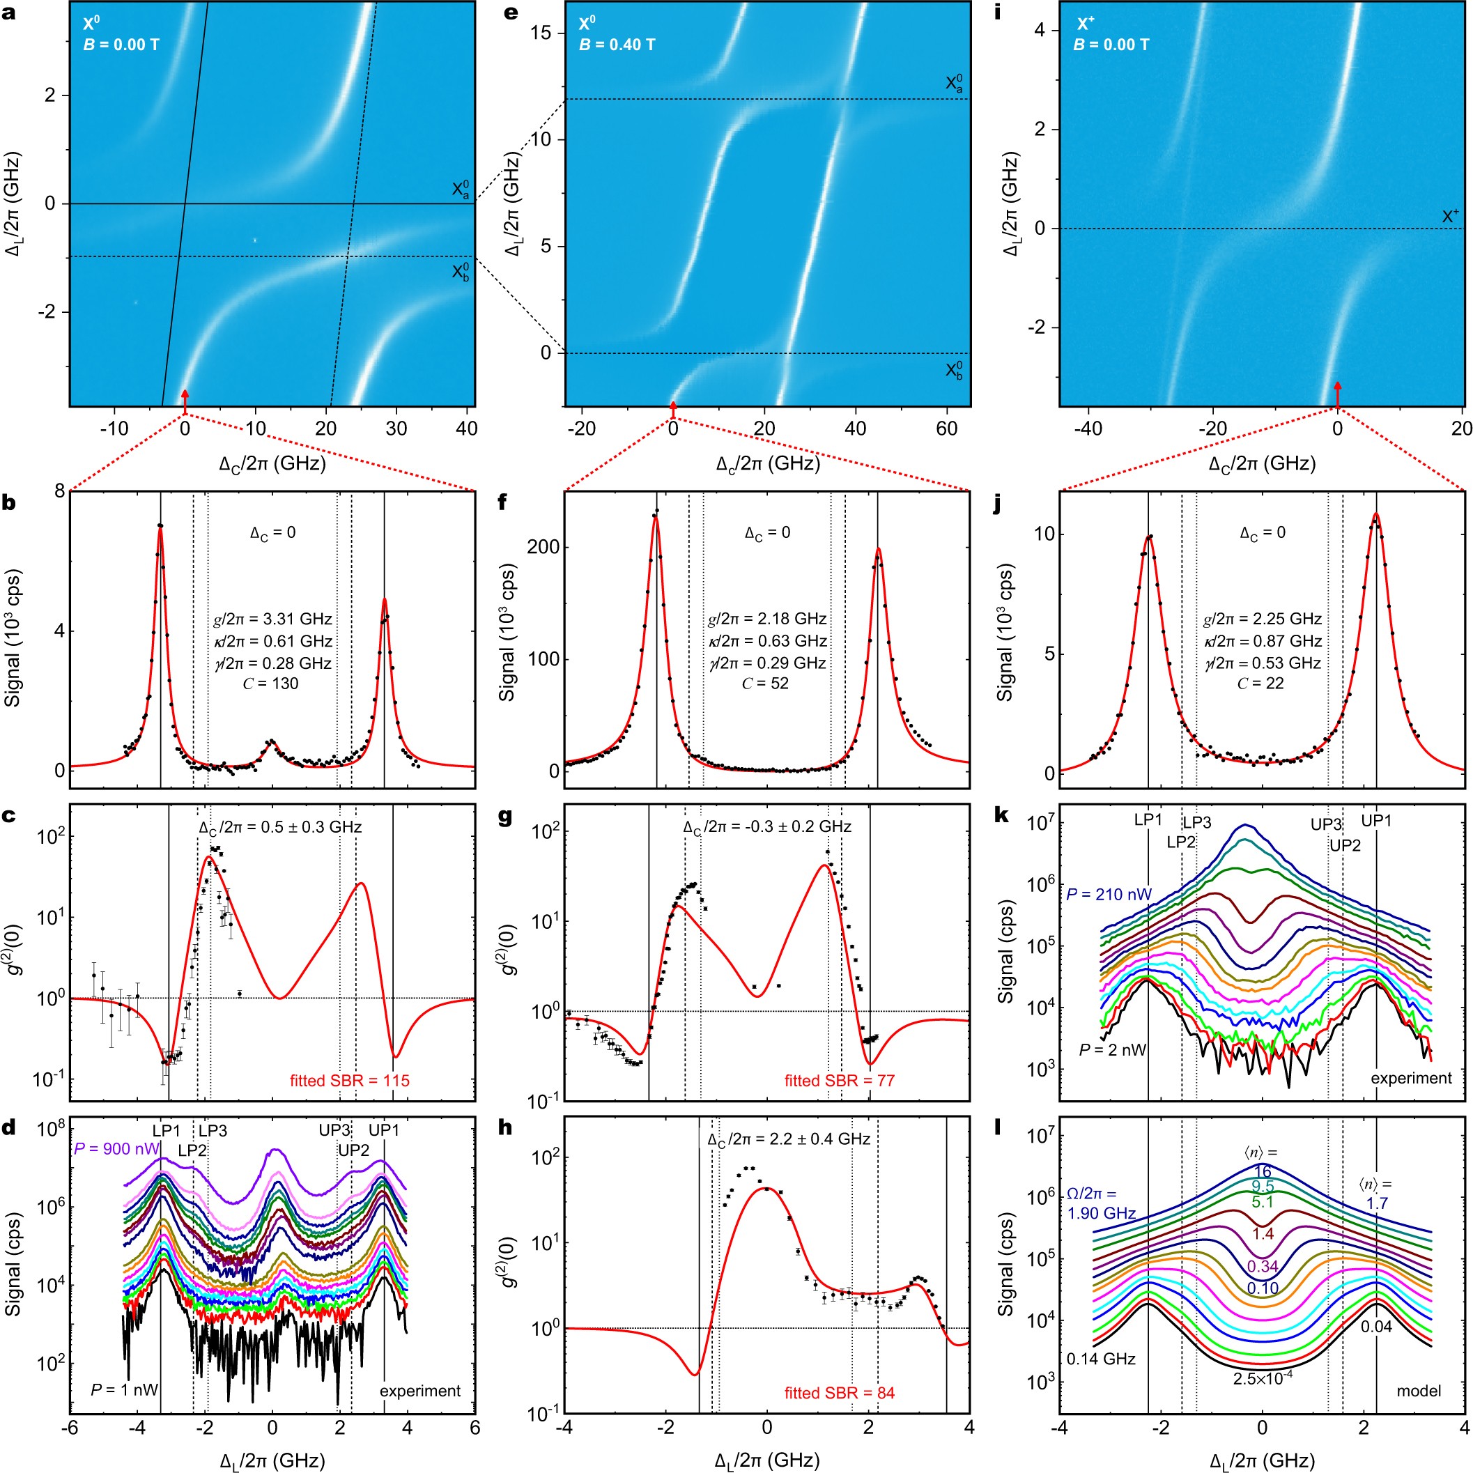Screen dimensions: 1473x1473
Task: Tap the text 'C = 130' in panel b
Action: (270, 683)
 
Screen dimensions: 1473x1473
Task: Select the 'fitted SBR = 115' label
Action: (349, 1080)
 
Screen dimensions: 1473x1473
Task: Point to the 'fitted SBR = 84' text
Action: (840, 1393)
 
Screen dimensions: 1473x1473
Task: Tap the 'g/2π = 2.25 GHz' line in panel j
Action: (1263, 619)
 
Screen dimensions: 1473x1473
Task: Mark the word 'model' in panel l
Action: (1418, 1391)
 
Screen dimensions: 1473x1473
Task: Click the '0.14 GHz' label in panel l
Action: (1101, 1359)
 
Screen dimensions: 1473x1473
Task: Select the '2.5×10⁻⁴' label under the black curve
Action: (1263, 1378)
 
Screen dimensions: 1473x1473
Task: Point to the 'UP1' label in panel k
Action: (1377, 820)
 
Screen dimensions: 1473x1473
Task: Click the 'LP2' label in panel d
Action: (193, 1150)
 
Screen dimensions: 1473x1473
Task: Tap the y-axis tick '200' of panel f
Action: (543, 548)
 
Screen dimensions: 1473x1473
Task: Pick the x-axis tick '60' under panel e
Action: (946, 429)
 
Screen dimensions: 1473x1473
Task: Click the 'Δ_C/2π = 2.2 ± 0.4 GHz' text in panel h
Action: (788, 1139)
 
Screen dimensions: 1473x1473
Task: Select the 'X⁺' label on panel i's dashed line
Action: (1449, 217)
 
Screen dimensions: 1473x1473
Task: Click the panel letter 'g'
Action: (504, 817)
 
